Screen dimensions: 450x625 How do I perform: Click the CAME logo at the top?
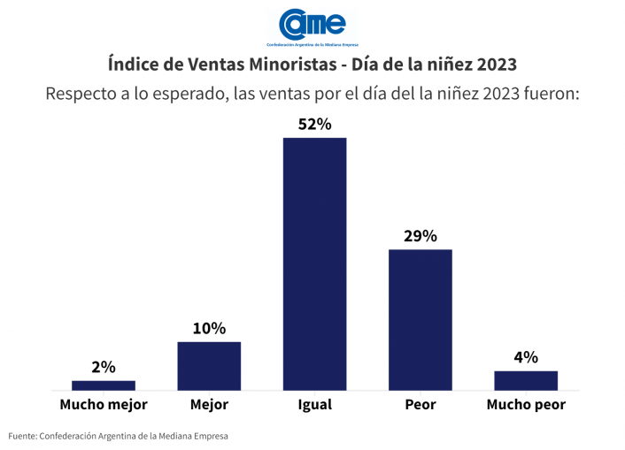click(x=312, y=26)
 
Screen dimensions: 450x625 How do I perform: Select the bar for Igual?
click(x=314, y=263)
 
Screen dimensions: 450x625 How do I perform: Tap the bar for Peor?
click(x=420, y=319)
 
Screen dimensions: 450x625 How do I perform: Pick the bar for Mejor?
click(x=209, y=365)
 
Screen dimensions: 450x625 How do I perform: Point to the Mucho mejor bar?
click(x=104, y=385)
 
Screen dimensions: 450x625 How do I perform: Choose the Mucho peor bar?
click(x=526, y=380)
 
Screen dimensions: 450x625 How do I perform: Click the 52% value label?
click(x=314, y=125)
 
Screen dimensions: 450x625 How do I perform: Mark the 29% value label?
click(x=420, y=236)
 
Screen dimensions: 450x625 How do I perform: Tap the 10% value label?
click(x=209, y=328)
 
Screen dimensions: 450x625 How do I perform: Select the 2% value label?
click(x=104, y=367)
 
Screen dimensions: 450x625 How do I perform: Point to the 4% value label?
click(x=526, y=357)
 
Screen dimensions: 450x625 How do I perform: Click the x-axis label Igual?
click(x=314, y=405)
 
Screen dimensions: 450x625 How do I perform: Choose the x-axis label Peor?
click(x=420, y=405)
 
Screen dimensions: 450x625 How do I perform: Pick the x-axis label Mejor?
click(x=209, y=405)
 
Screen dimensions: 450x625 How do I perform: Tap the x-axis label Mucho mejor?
click(x=104, y=405)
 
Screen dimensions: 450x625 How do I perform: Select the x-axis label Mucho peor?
click(x=526, y=405)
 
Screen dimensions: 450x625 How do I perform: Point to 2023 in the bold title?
click(x=494, y=65)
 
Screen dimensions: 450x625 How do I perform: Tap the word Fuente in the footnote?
click(x=23, y=435)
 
